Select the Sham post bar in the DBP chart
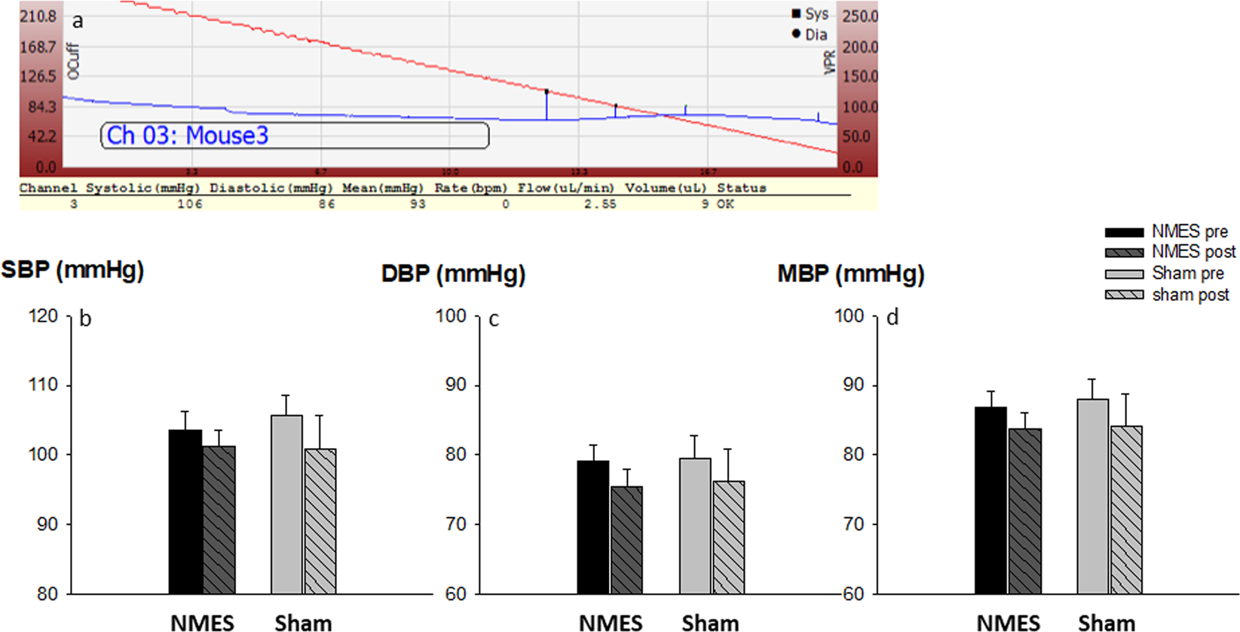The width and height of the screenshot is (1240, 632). [x=729, y=537]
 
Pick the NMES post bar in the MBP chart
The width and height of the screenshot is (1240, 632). [x=1025, y=511]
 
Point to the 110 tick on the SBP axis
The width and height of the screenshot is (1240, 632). [x=44, y=385]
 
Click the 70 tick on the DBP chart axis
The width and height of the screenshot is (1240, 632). [x=456, y=524]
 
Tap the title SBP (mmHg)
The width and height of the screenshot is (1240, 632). [x=72, y=270]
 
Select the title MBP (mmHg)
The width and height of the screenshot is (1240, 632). [x=850, y=274]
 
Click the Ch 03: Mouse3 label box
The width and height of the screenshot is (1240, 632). [x=294, y=136]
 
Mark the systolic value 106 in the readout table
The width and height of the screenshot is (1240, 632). [x=190, y=204]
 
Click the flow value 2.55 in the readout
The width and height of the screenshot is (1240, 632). [x=600, y=204]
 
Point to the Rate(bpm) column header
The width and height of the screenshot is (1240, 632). [x=471, y=188]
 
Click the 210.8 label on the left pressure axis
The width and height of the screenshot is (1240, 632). [x=38, y=16]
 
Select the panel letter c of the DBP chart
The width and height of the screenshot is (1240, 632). [x=494, y=320]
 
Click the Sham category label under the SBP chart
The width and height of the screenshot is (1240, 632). [x=303, y=623]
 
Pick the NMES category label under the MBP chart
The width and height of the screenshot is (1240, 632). [x=1008, y=623]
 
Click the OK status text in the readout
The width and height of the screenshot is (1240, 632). [x=725, y=204]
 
